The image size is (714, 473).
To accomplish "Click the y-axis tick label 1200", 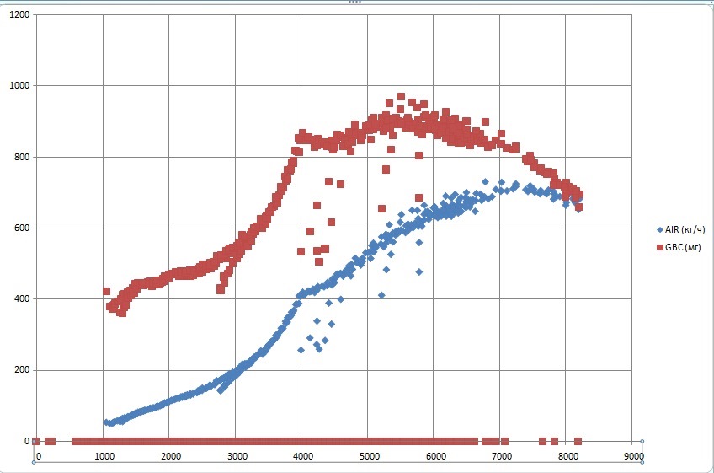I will pyautogui.click(x=19, y=15).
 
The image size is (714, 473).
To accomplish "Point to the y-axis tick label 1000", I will pyautogui.click(x=19, y=86).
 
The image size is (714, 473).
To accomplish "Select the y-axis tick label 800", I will pyautogui.click(x=21, y=157).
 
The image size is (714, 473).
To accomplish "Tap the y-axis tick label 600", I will pyautogui.click(x=21, y=228).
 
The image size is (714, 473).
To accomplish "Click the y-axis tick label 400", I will pyautogui.click(x=21, y=298).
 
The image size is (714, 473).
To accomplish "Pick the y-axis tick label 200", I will pyautogui.click(x=21, y=370).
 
